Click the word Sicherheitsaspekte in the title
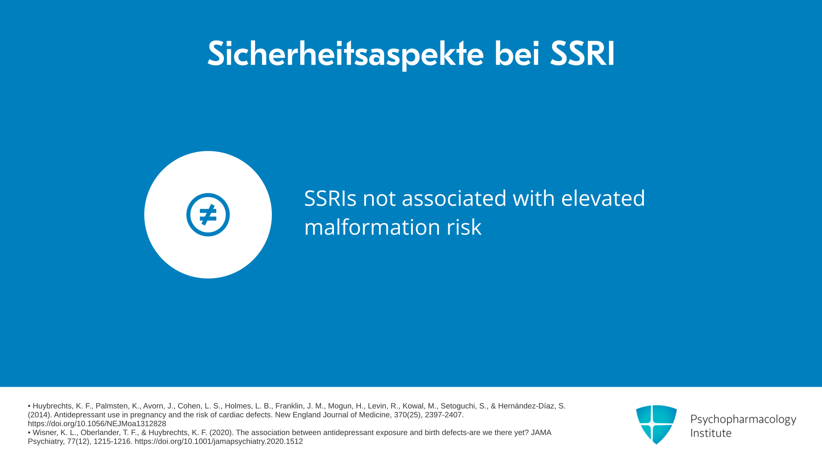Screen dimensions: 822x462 tap(345, 54)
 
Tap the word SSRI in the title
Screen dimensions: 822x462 tap(583, 54)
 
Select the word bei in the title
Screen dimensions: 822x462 tap(517, 53)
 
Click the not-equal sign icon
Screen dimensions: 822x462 tap(208, 215)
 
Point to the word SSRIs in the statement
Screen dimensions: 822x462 tap(330, 198)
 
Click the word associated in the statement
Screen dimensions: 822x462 tap(454, 198)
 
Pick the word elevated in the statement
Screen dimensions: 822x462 tap(603, 198)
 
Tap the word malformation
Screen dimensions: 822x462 tap(372, 227)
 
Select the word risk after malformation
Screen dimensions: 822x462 tap(464, 227)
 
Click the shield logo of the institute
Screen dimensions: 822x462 tap(656, 424)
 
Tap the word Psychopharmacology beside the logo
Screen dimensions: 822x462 tap(743, 420)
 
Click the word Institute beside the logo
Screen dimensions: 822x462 tap(711, 433)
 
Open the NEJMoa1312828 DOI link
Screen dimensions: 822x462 tap(97, 424)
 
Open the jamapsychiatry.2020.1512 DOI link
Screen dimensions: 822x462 tap(219, 441)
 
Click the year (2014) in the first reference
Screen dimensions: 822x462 tap(40, 415)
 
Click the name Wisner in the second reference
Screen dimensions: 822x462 tap(45, 432)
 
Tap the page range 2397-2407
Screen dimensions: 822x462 tap(444, 415)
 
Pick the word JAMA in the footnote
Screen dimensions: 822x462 tap(541, 432)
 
